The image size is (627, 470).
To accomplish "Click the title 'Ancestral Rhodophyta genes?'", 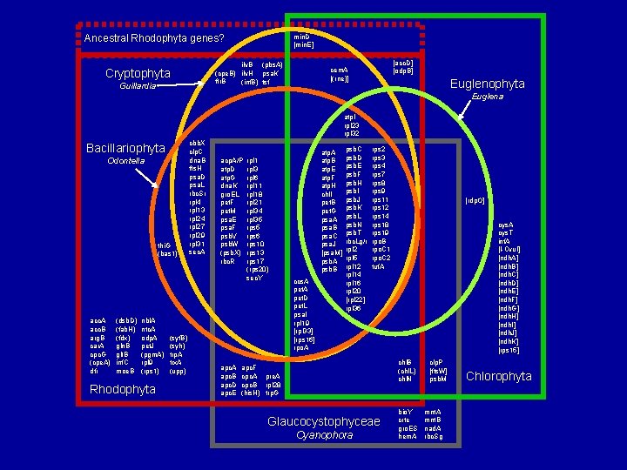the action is (154, 38).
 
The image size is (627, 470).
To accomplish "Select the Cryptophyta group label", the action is (138, 73).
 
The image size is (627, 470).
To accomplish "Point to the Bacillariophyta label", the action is (125, 148).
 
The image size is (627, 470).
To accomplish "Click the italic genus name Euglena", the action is (487, 97).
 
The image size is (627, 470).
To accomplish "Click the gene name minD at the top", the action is (302, 37).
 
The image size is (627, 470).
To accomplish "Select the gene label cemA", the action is (339, 69).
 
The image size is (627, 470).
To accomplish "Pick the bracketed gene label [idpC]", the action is (475, 200).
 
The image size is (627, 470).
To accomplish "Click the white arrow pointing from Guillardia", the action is (175, 86).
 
